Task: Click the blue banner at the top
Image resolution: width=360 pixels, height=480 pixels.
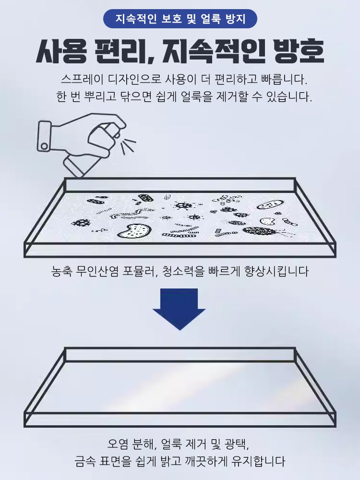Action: point(180,19)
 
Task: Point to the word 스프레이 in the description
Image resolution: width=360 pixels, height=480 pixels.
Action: point(79,79)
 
